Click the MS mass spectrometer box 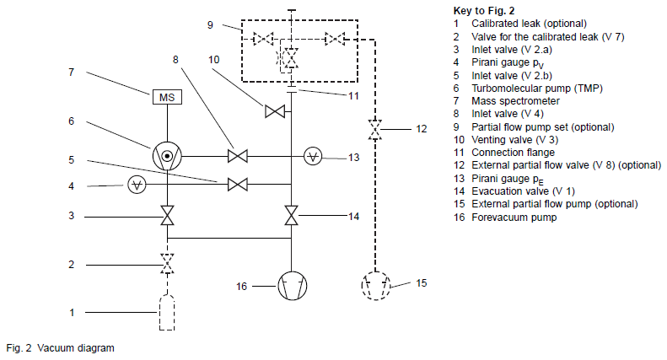[167, 99]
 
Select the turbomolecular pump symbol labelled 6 [167, 155]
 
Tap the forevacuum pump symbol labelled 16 [291, 287]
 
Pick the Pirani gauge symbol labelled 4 [134, 185]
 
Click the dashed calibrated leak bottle [167, 313]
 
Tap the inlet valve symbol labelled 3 [167, 216]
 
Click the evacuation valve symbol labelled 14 [291, 216]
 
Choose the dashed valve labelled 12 [374, 130]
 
